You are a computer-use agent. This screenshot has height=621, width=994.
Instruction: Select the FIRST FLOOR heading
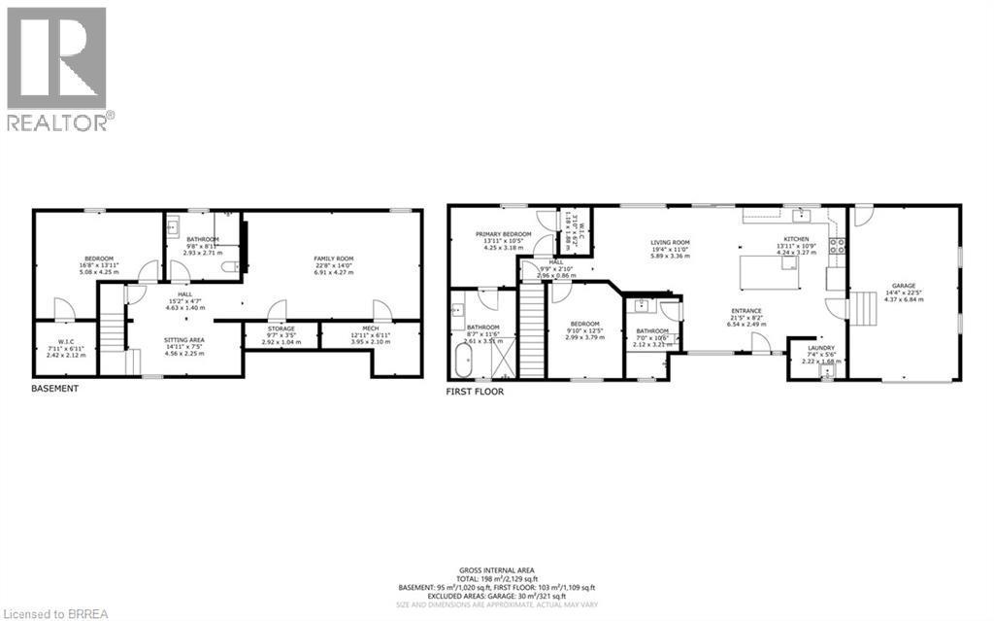(475, 392)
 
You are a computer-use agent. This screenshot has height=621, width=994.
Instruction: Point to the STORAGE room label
(282, 329)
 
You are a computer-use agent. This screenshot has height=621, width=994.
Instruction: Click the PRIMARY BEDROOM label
(503, 235)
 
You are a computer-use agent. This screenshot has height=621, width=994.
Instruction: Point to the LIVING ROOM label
(670, 243)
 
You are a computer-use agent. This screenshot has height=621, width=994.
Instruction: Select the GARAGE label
(903, 287)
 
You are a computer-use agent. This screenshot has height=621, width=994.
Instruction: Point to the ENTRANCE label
(745, 311)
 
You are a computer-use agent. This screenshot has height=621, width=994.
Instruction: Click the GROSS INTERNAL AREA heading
(496, 570)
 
